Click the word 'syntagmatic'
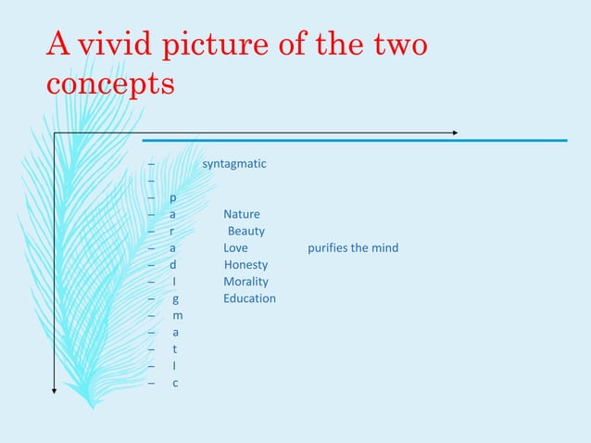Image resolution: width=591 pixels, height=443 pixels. point(234,164)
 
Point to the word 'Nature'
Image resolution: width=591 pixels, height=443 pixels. point(242,214)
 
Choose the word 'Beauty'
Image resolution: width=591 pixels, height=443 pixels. point(246,231)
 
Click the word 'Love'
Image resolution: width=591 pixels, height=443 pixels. point(235,248)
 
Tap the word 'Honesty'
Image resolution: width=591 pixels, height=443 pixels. point(245,265)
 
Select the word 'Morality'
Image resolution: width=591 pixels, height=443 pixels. point(245,282)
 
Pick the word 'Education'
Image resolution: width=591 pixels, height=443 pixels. point(249,298)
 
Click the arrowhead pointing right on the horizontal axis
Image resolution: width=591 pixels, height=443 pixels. point(454,133)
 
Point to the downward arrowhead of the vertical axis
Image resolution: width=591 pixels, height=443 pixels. point(55,390)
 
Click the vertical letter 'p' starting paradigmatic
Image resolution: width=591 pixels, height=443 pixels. point(173,198)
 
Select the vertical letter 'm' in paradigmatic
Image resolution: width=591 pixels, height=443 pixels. point(177,316)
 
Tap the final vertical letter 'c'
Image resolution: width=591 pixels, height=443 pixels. point(175,383)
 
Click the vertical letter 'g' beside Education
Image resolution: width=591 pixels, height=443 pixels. point(175,299)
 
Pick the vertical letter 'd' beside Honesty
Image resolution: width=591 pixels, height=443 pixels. point(173,265)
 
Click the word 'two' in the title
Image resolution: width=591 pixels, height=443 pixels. point(398,44)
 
